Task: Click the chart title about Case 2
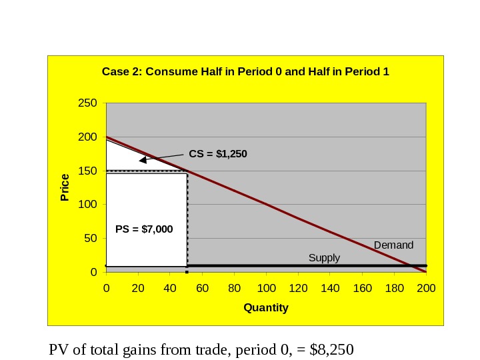click(x=245, y=71)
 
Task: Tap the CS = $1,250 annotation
click(x=218, y=154)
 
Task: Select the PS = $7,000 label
click(x=144, y=229)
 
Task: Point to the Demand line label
click(x=393, y=245)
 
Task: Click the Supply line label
click(x=324, y=258)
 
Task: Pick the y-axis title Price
click(x=65, y=187)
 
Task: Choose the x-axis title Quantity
click(x=266, y=308)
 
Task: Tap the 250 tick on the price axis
click(x=88, y=103)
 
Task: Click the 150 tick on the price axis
click(x=88, y=171)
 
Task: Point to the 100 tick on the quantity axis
click(x=266, y=288)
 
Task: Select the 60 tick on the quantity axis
click(x=202, y=288)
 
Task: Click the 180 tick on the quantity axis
click(x=394, y=288)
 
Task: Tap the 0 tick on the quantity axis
click(x=106, y=288)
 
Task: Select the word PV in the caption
click(x=59, y=349)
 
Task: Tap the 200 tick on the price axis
click(x=88, y=137)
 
